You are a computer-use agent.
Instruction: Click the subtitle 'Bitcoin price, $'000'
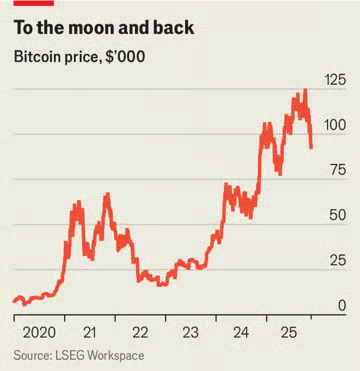[79, 57]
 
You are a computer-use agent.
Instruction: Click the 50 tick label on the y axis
[337, 215]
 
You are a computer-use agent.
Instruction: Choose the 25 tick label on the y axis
[337, 260]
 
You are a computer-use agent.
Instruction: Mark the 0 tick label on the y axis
[341, 305]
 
